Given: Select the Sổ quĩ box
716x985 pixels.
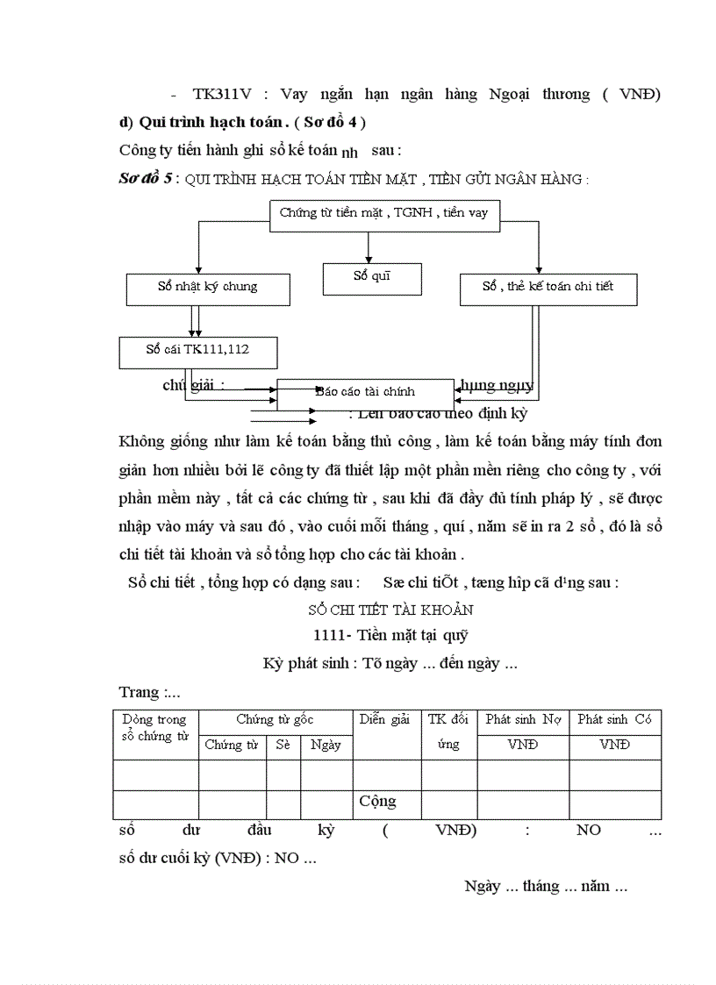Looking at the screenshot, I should click(x=372, y=278).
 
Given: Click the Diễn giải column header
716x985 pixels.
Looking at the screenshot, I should click(x=386, y=720).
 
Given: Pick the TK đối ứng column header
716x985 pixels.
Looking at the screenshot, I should click(x=448, y=732).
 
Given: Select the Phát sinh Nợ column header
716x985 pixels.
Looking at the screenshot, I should click(x=523, y=720).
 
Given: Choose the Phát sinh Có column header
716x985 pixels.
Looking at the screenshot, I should click(x=614, y=720).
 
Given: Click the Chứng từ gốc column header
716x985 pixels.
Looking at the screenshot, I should click(x=275, y=720).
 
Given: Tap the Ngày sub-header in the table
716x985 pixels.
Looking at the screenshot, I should click(x=326, y=746).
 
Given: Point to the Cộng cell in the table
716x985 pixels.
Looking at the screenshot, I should click(x=377, y=802).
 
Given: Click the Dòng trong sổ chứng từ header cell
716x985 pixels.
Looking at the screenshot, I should click(x=155, y=728).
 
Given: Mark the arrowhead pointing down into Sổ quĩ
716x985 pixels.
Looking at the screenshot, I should click(x=372, y=257).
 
